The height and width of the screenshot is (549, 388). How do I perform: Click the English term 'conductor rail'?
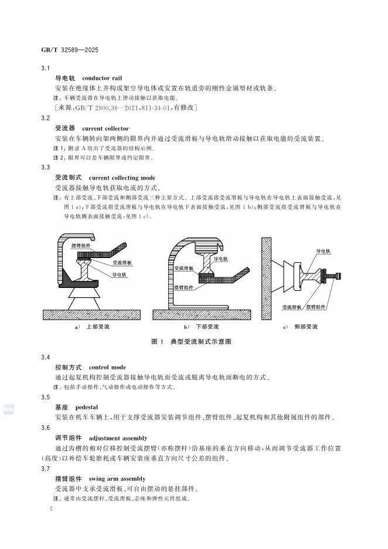pyautogui.click(x=102, y=78)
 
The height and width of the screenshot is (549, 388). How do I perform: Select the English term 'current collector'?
pyautogui.click(x=105, y=128)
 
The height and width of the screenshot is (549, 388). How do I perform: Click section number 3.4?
pyautogui.click(x=46, y=357)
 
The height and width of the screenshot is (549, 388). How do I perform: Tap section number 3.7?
pyautogui.click(x=46, y=469)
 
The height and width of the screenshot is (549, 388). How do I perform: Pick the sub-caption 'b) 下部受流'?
pyautogui.click(x=202, y=326)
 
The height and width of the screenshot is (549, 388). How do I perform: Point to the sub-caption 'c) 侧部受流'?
pyautogui.click(x=300, y=326)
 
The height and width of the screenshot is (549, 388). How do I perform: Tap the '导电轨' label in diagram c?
pyautogui.click(x=324, y=250)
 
